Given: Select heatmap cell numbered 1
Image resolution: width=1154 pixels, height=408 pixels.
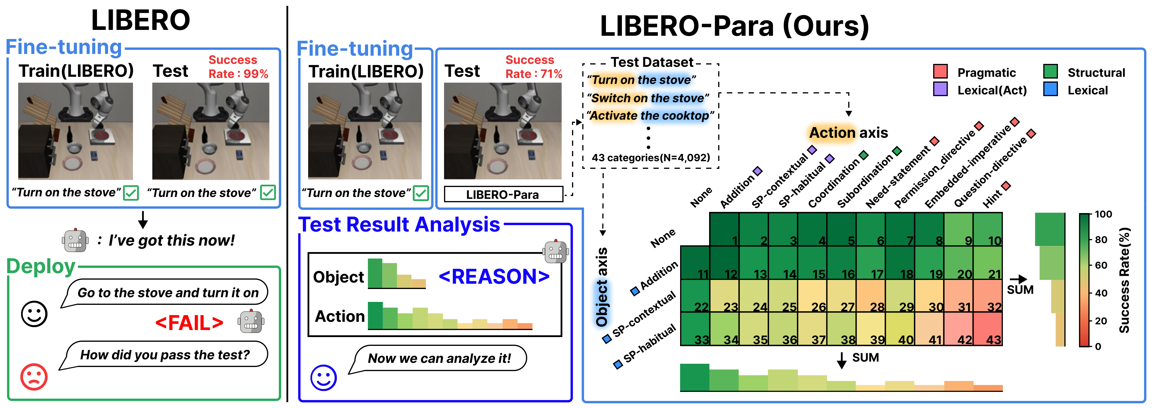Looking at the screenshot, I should click(x=724, y=229).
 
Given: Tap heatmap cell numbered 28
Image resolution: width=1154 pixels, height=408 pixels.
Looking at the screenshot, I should click(x=870, y=296).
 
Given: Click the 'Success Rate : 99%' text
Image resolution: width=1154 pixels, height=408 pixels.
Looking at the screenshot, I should click(x=238, y=67).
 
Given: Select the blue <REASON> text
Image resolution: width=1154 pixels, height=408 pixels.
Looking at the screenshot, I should click(x=494, y=277).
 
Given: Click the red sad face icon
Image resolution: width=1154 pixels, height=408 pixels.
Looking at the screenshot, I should click(x=34, y=377).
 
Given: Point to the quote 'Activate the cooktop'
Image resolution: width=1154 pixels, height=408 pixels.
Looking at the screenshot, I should click(x=650, y=116).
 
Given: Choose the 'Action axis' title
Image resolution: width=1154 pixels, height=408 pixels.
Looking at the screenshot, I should click(x=848, y=133).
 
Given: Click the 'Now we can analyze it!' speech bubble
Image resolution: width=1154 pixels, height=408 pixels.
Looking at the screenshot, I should click(x=439, y=358).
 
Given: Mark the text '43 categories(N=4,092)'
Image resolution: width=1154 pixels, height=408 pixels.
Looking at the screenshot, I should click(x=651, y=158).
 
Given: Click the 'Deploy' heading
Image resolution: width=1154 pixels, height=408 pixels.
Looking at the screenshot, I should click(x=41, y=266).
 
